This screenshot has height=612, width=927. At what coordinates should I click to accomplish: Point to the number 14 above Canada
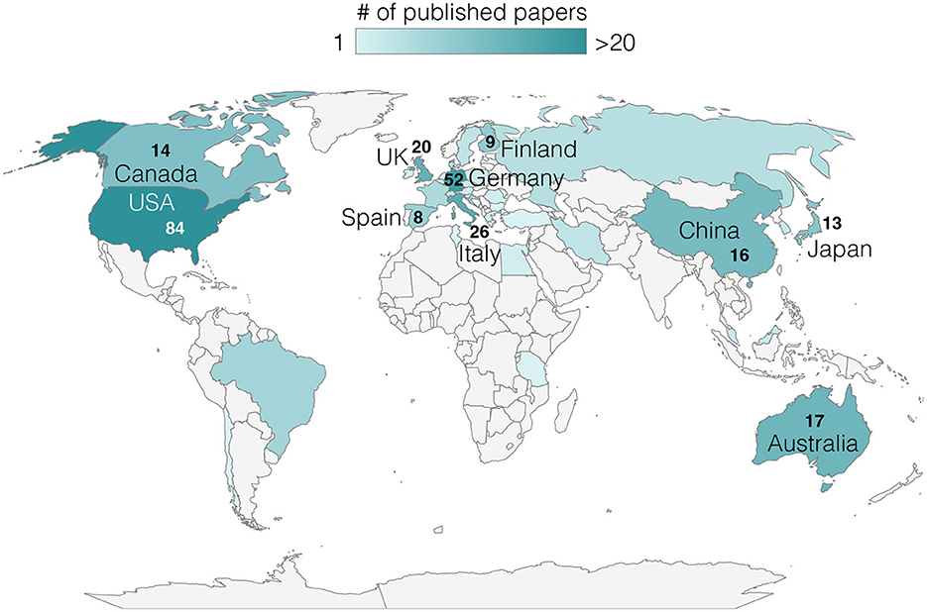(160, 151)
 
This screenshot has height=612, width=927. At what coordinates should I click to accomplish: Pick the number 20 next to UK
(420, 148)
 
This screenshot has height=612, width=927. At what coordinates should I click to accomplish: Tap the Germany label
(516, 178)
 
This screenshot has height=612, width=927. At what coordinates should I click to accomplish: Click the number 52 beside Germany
(454, 179)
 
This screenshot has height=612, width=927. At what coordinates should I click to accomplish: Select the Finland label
(538, 150)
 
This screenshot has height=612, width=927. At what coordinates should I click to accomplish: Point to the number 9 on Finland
(489, 142)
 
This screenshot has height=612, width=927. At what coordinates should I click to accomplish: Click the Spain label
(371, 217)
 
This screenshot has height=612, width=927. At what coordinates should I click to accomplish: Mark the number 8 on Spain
(418, 218)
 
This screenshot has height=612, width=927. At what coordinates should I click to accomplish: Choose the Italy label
(480, 255)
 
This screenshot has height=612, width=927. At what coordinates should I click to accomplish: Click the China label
(709, 232)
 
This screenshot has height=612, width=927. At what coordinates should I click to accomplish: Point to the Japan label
(840, 249)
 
